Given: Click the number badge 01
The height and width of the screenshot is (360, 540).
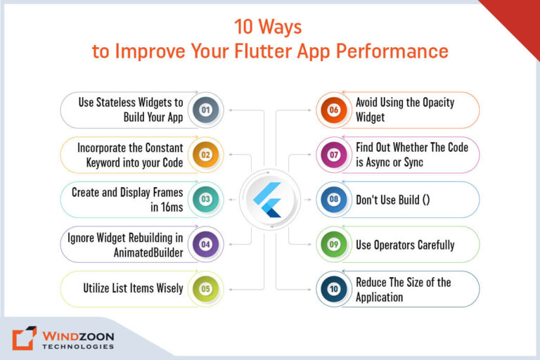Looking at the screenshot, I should [x=205, y=110].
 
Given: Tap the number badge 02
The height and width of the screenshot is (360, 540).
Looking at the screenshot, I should [x=205, y=155].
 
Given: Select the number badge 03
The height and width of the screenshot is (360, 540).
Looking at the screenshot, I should [x=205, y=199].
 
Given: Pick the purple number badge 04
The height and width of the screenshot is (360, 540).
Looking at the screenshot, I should [x=205, y=244].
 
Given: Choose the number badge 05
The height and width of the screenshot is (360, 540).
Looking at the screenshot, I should [x=205, y=288].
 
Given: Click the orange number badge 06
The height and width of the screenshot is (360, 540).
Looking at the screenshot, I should [x=334, y=110].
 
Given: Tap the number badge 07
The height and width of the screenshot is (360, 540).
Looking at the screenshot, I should [x=334, y=155].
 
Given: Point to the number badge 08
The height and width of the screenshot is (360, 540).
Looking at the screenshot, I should [x=334, y=199].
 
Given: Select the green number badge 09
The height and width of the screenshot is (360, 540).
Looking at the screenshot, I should [x=334, y=244].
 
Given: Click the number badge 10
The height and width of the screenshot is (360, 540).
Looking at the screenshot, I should [x=334, y=288].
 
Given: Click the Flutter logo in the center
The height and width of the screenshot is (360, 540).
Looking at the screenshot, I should [x=269, y=199].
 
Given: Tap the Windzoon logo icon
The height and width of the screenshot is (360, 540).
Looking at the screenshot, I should [x=24, y=338].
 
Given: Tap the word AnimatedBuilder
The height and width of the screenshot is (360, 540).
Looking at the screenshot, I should [x=146, y=252].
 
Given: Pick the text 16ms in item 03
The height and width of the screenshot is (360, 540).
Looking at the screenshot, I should [x=167, y=207].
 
